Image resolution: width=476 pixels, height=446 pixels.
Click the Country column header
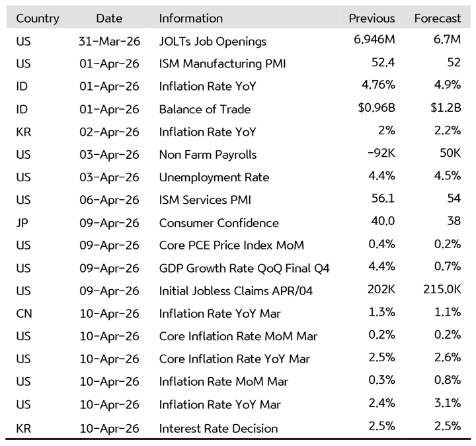pos(37,19)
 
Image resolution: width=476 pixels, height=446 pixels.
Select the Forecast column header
pos(437,19)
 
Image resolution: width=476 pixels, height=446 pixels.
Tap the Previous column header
pos(372,19)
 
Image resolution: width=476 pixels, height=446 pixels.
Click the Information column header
pos(190,19)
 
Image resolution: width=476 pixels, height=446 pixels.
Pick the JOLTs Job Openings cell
pos(212,41)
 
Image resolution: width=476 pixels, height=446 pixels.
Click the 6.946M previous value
pos(374,40)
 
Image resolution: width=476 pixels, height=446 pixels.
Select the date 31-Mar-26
pos(108,41)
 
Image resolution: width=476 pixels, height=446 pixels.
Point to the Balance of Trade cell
pos(204,109)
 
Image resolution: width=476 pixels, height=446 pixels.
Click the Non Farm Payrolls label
pos(208,155)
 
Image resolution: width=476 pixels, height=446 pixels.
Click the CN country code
pos(24,314)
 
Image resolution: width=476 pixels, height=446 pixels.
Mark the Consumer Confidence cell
pos(218,223)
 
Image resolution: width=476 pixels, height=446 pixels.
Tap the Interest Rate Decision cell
pos(218,428)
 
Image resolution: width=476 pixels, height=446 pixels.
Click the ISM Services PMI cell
pos(205,200)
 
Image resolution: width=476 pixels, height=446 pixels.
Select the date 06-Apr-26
pos(108,200)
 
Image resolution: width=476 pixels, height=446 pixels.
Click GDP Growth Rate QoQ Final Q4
pos(244,268)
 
